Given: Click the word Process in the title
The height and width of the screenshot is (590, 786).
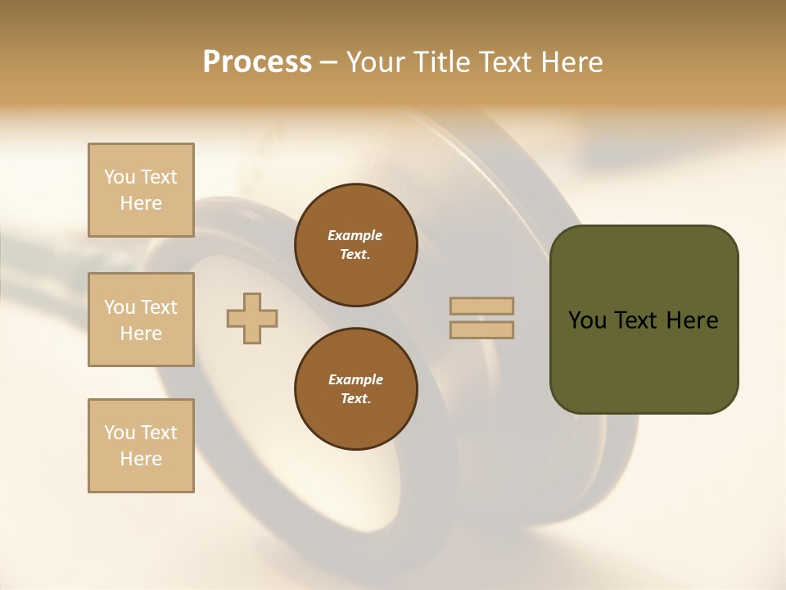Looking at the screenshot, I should click(x=257, y=62).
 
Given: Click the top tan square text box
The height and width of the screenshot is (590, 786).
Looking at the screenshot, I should click(x=141, y=190).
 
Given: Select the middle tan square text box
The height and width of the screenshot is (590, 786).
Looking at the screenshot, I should click(x=141, y=320).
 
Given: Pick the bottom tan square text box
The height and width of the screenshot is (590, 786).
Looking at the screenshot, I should click(x=141, y=446).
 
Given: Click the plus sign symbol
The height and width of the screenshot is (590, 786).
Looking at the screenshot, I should click(x=252, y=319).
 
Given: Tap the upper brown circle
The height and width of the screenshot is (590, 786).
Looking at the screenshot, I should click(x=356, y=245).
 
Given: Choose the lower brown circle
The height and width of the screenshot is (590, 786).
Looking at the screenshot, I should click(x=356, y=389).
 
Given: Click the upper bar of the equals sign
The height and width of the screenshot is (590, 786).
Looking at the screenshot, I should click(x=481, y=306).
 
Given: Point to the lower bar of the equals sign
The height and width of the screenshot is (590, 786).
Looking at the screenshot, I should click(x=481, y=330).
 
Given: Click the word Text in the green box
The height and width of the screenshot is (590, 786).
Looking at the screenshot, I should click(x=635, y=320).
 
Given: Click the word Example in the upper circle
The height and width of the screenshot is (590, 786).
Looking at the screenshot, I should click(x=355, y=235).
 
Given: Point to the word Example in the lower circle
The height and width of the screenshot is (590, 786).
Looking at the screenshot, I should click(x=355, y=379).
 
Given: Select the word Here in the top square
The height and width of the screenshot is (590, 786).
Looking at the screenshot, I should click(x=141, y=203).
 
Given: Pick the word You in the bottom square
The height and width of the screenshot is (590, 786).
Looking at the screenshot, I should click(x=120, y=433).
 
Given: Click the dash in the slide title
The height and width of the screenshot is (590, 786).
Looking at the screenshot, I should click(x=329, y=62).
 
